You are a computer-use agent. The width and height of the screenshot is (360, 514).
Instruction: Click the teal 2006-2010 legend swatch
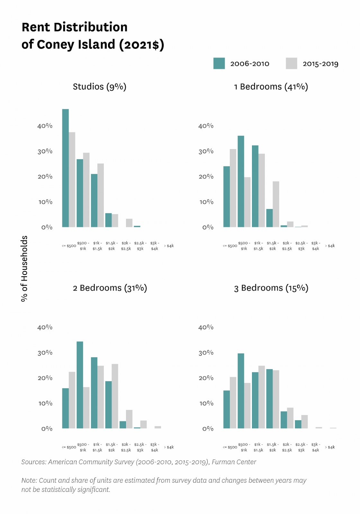click(x=219, y=63)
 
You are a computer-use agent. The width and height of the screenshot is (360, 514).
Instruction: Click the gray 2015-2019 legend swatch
click(x=291, y=63)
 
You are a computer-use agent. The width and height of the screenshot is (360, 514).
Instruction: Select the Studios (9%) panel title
click(x=99, y=87)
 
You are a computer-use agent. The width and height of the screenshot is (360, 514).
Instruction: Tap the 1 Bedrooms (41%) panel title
click(x=271, y=87)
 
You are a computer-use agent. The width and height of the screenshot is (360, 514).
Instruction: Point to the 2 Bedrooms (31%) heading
click(x=110, y=288)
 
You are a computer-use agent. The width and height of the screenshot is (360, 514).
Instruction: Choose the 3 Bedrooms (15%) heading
click(x=271, y=288)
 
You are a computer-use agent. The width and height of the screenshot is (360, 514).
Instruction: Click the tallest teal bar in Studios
click(x=65, y=168)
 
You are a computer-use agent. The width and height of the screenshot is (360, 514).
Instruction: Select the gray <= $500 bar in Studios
click(x=72, y=180)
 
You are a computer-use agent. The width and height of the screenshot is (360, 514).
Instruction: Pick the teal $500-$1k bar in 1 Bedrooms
click(x=241, y=182)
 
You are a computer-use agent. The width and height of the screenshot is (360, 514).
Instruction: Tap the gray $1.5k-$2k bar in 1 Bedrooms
click(x=276, y=204)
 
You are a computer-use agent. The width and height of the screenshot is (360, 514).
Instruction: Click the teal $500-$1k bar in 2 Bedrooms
click(x=80, y=385)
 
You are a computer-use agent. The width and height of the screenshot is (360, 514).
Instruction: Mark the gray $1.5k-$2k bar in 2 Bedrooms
click(x=115, y=396)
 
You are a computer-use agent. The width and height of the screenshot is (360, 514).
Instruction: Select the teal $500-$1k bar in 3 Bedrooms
click(x=241, y=391)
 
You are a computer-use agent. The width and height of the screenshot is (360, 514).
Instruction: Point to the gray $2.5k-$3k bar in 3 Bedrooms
click(x=304, y=422)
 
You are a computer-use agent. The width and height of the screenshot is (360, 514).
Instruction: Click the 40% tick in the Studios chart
click(x=45, y=126)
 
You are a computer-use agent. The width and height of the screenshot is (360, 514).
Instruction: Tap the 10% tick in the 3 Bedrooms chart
click(x=206, y=403)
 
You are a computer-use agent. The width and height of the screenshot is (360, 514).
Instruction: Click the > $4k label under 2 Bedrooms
click(x=169, y=447)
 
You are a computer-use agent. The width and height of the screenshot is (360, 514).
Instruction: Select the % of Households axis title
click(x=24, y=269)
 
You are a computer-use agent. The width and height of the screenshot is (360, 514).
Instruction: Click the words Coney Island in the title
click(x=76, y=45)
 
